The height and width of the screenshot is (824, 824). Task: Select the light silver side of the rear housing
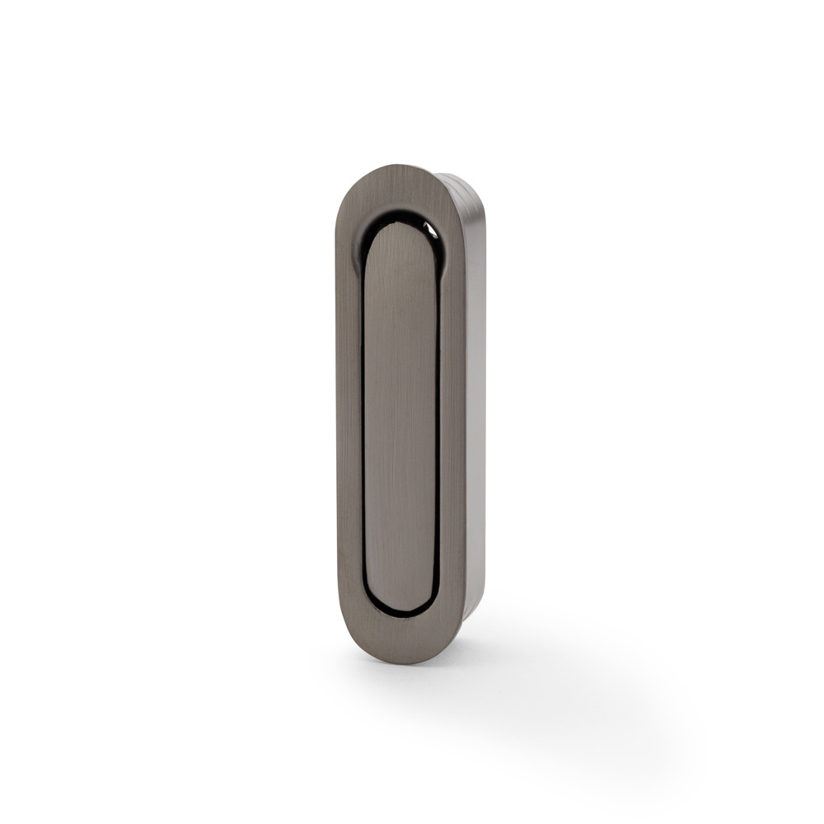click(x=475, y=412)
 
